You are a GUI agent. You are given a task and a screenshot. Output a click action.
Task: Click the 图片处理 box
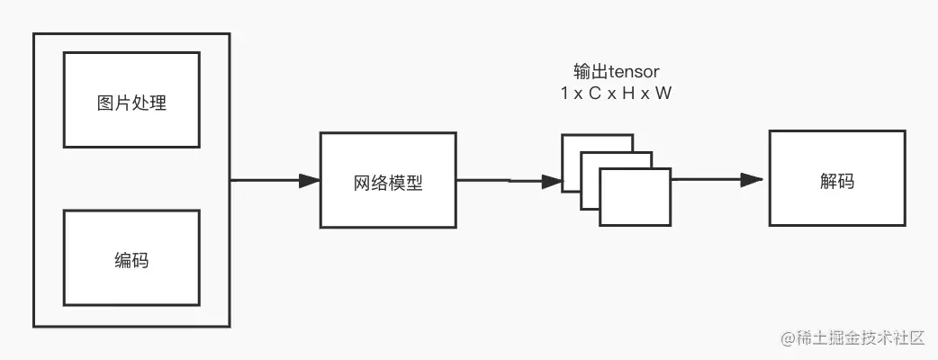pyautogui.click(x=131, y=100)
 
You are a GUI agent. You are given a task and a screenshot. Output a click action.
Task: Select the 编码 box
pyautogui.click(x=131, y=257)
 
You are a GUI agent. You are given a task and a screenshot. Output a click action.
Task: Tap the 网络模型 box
pyautogui.click(x=387, y=180)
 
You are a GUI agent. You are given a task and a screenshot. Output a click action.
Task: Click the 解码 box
pyautogui.click(x=837, y=178)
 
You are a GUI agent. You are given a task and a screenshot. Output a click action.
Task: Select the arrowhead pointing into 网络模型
pyautogui.click(x=309, y=180)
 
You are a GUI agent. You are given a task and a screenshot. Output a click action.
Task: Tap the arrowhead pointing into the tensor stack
pyautogui.click(x=551, y=181)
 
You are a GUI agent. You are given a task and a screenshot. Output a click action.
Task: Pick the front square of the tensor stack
pyautogui.click(x=636, y=196)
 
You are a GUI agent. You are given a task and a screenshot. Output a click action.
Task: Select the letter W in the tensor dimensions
pyautogui.click(x=663, y=93)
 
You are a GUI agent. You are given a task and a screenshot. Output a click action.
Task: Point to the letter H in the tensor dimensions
pyautogui.click(x=628, y=93)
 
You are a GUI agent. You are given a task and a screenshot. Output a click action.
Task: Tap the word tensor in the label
pyautogui.click(x=627, y=72)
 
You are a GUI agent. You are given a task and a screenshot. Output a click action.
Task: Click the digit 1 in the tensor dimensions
pyautogui.click(x=563, y=93)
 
